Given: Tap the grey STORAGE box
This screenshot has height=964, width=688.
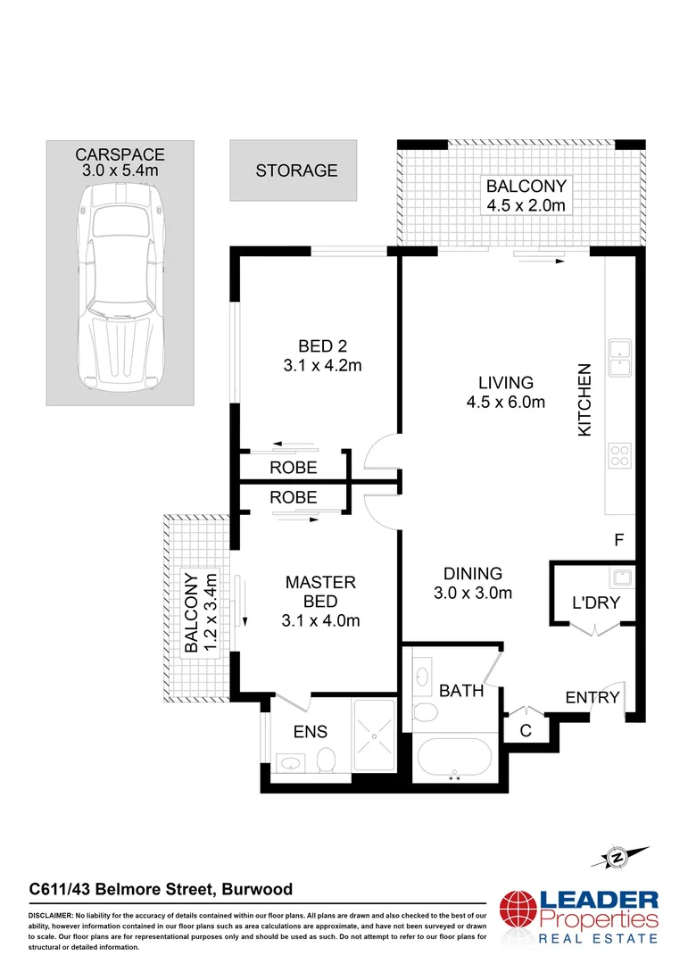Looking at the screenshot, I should (x=293, y=170).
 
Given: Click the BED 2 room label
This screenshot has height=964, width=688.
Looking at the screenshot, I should (x=321, y=355).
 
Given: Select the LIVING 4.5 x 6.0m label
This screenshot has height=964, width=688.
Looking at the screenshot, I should (x=504, y=392).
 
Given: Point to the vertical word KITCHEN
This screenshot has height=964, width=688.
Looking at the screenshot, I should (x=585, y=399).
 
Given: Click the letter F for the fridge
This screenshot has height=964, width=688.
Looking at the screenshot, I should (x=618, y=539).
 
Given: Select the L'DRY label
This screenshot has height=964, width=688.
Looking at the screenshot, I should (x=595, y=604).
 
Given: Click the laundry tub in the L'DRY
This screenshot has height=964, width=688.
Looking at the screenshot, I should (x=621, y=576).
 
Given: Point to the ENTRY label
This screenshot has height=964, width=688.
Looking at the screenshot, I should (x=593, y=697).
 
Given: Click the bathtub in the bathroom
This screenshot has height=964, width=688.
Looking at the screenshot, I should (x=454, y=759).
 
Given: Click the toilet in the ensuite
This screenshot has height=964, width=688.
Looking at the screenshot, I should (x=326, y=760).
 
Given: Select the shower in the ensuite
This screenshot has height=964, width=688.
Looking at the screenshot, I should (x=376, y=735).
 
